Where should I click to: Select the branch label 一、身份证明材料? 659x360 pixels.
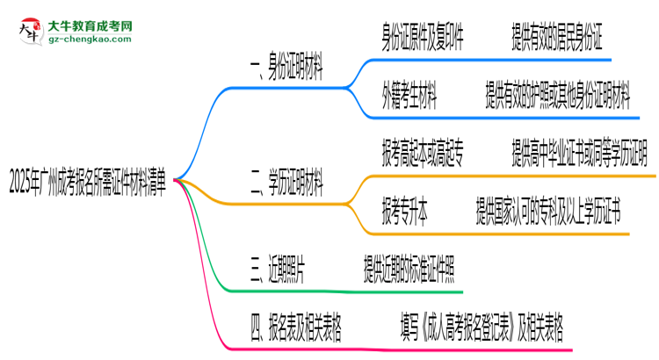coord(285,72)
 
